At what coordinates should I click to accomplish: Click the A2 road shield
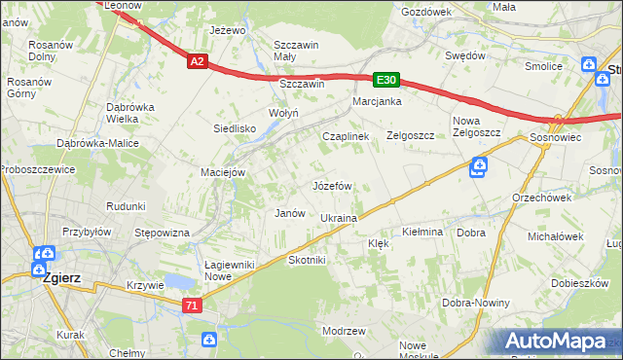click(198, 61)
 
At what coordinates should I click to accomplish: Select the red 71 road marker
click(193, 305)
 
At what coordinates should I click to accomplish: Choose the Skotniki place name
click(307, 260)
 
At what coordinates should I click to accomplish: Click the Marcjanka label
click(378, 101)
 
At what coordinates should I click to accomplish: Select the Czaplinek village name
click(346, 137)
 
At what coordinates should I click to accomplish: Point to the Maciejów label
click(223, 172)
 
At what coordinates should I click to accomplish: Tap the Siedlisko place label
click(235, 127)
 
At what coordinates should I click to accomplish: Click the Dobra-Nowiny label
click(476, 303)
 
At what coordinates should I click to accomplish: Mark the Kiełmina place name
click(422, 233)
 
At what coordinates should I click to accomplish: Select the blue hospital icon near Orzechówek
click(477, 169)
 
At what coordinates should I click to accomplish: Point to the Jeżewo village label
click(226, 30)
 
